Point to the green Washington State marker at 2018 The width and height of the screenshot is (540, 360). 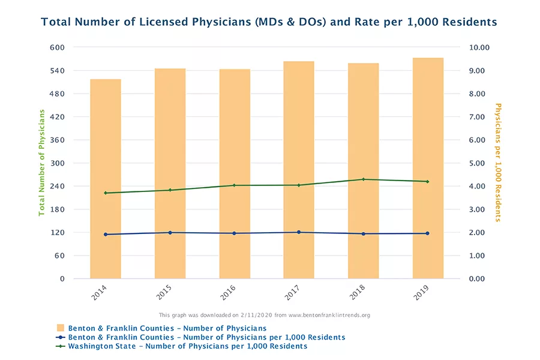363,179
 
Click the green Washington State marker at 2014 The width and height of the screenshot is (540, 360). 106,193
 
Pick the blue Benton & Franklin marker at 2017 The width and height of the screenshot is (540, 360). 299,232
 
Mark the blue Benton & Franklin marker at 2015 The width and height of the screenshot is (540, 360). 170,233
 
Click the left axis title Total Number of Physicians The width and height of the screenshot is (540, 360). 42,162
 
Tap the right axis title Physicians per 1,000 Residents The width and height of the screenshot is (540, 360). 497,162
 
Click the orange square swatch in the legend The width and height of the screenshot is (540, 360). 60,328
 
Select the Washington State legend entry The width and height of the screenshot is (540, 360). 187,346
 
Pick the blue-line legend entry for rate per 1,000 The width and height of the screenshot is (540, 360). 206,337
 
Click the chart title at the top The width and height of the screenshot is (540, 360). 269,22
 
